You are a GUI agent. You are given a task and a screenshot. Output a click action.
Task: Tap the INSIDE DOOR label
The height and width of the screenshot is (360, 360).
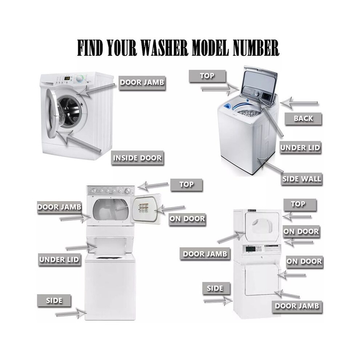[x=137, y=158]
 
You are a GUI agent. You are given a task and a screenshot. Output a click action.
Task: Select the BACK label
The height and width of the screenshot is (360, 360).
[x=303, y=119]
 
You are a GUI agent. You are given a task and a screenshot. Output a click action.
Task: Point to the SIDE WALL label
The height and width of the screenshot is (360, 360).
[x=301, y=179]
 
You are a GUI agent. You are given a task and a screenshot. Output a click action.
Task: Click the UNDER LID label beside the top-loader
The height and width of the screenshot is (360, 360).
[x=300, y=148]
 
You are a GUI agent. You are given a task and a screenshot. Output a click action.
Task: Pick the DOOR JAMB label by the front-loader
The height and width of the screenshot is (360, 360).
[x=142, y=83]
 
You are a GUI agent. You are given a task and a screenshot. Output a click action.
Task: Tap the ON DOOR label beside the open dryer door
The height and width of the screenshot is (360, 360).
[x=187, y=219]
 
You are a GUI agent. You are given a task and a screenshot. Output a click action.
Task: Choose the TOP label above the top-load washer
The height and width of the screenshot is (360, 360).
[x=207, y=76]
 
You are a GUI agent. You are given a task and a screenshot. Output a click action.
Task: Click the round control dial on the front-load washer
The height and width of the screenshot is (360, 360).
[x=80, y=79]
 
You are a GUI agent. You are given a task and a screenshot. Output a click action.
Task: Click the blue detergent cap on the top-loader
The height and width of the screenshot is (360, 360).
[x=227, y=106]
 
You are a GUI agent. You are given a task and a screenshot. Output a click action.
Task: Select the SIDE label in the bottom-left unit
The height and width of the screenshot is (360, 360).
[x=54, y=300]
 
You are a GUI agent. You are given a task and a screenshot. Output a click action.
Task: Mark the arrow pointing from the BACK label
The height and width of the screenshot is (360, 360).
[x=299, y=103]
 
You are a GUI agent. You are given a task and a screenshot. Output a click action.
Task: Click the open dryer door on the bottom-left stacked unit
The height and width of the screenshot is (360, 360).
[x=146, y=208]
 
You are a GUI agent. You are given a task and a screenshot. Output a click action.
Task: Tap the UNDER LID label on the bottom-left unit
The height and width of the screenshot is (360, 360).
[x=59, y=260]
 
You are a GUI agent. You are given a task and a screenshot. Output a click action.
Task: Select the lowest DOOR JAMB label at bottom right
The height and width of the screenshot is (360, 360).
[x=297, y=306]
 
